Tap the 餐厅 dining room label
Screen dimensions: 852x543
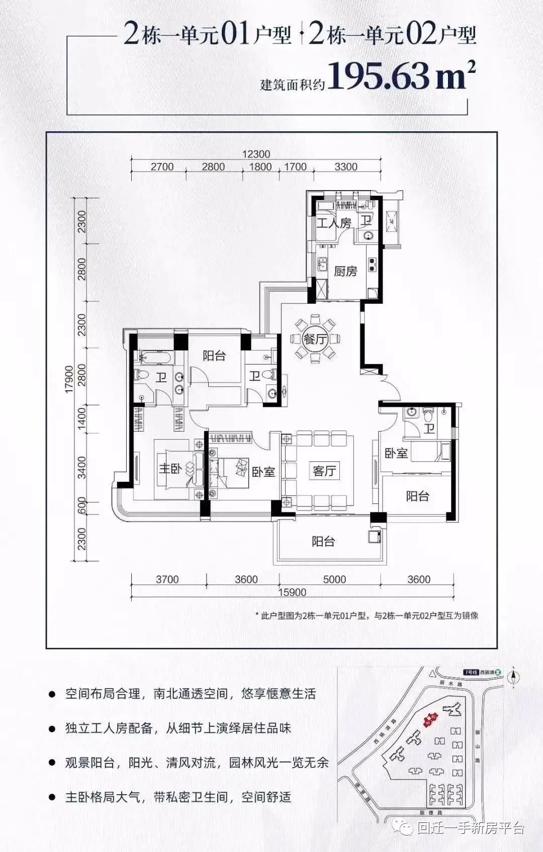(x=315, y=338)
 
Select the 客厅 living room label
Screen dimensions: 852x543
(x=324, y=471)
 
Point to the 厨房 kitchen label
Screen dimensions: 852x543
(x=345, y=271)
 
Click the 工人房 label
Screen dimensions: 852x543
(x=333, y=222)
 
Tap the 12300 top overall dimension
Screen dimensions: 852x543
(x=256, y=154)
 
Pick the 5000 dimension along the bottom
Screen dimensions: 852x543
(x=334, y=579)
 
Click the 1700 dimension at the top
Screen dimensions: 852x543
(x=295, y=166)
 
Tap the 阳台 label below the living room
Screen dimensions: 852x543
(x=323, y=542)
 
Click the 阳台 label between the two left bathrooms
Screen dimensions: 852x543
(x=214, y=356)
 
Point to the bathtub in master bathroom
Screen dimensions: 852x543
(x=154, y=358)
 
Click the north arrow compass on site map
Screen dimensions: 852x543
(x=512, y=677)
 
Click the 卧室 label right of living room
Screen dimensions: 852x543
(x=396, y=453)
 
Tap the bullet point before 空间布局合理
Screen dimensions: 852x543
(x=52, y=695)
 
